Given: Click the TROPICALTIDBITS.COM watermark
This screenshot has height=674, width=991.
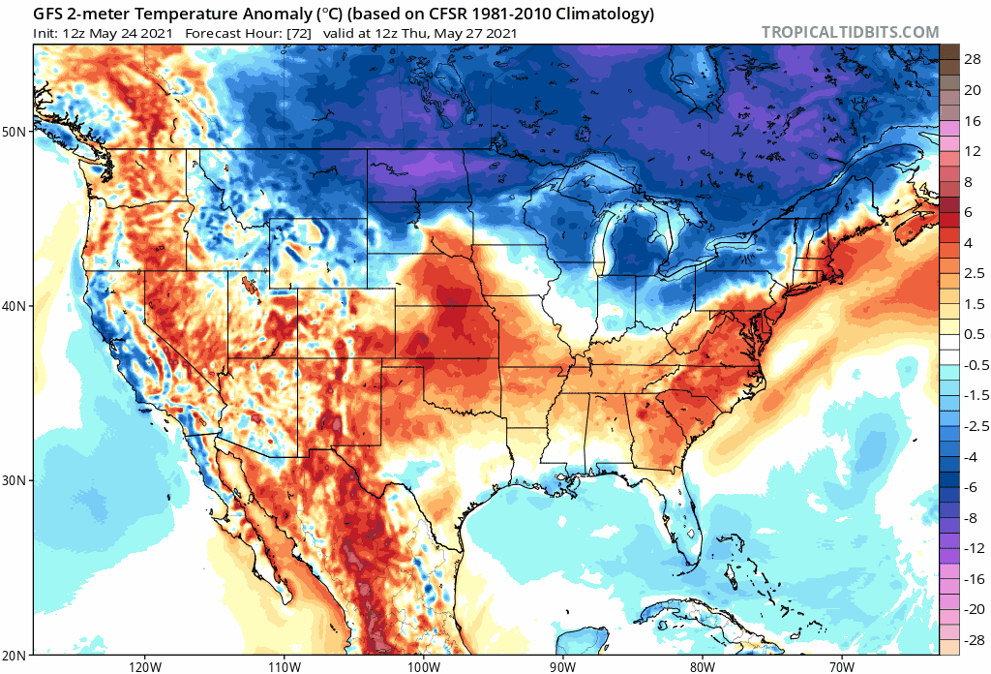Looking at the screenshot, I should click(850, 33).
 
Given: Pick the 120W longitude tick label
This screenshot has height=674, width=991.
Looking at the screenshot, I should click(143, 666).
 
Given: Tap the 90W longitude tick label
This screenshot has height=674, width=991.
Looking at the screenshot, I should click(562, 666).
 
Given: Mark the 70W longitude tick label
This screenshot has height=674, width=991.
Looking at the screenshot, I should click(841, 666).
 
